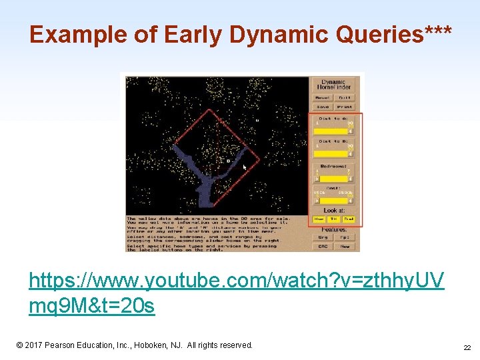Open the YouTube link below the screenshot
[235, 293]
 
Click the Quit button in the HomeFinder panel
[345, 97]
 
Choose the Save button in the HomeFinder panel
[323, 106]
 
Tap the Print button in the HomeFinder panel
[345, 106]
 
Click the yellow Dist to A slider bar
[331, 131]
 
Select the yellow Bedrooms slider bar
[331, 179]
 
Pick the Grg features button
[323, 237]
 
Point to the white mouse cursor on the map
[245, 167]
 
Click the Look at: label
[334, 211]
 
